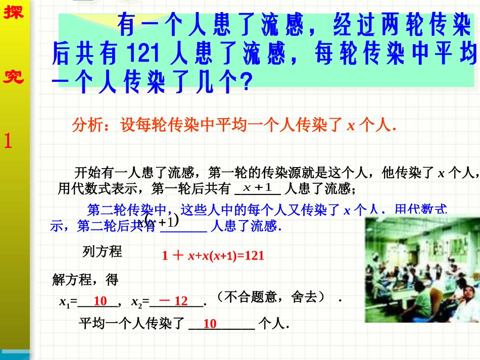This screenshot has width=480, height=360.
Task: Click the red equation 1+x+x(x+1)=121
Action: coord(213,255)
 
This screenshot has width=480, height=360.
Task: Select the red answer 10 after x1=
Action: coord(100,301)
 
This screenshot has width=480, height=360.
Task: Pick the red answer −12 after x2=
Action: coord(174,301)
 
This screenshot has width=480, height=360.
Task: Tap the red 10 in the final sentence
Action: coord(210,324)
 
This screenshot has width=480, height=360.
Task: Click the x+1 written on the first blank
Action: coord(258,188)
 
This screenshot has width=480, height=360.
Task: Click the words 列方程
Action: coord(102,251)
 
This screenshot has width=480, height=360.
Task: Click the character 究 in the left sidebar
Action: coord(14,76)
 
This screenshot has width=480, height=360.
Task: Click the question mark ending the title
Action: coord(245,83)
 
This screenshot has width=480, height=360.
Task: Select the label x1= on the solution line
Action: coord(68,302)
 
